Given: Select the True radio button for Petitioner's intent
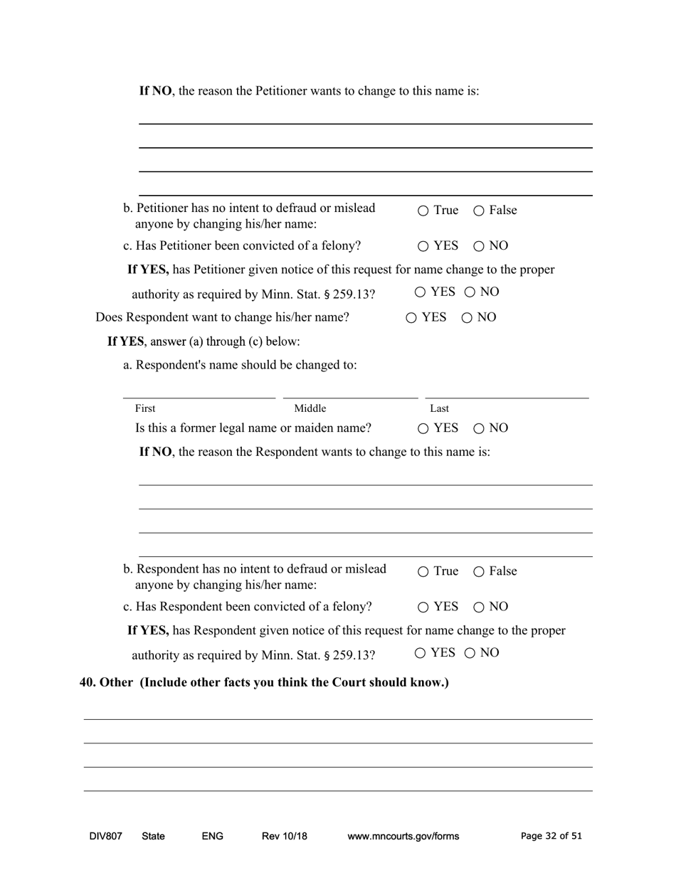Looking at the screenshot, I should click(x=423, y=211).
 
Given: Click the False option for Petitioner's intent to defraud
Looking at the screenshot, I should click(x=479, y=211).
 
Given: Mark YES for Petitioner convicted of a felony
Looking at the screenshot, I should click(x=423, y=246).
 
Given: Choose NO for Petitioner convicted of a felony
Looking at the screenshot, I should click(x=479, y=246).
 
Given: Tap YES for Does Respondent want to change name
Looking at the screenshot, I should click(x=411, y=318).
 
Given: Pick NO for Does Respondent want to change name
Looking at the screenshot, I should click(x=467, y=318).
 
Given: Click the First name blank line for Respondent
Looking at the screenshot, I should click(x=199, y=391).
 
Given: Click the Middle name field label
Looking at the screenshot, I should click(x=310, y=408).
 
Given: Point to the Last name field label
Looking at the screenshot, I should click(x=439, y=408).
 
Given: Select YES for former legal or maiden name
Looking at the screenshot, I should click(x=423, y=428).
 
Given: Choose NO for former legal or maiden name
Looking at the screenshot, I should click(x=479, y=428).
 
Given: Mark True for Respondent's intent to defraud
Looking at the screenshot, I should click(x=423, y=572).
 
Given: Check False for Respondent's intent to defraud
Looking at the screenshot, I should click(x=479, y=572).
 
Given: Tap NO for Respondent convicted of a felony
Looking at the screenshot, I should click(x=479, y=608).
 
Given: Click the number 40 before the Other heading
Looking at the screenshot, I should click(x=87, y=682).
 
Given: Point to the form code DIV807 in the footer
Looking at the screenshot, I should click(x=105, y=836).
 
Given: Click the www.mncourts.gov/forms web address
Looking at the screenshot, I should click(x=403, y=836).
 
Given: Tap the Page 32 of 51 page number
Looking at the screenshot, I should click(x=551, y=836).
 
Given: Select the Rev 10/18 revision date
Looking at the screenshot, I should click(x=285, y=836).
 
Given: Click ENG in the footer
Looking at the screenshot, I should click(x=212, y=836).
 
